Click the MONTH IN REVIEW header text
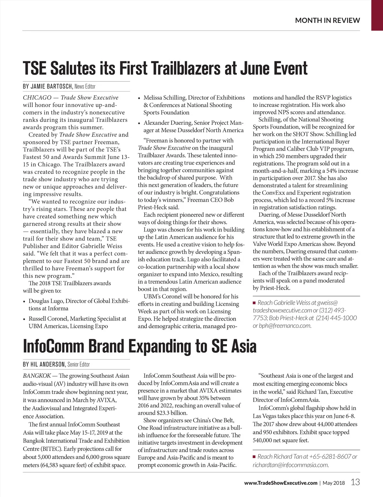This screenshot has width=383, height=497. click(x=327, y=20)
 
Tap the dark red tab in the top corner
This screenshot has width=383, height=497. click(x=377, y=15)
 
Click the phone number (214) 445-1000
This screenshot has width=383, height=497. click(x=336, y=318)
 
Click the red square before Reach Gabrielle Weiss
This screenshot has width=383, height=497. click(x=254, y=303)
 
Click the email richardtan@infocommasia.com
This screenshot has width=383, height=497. click(x=290, y=465)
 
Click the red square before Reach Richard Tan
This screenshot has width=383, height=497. click(x=254, y=457)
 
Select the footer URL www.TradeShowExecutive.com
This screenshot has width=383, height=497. click(x=281, y=483)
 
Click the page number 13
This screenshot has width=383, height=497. click(x=355, y=482)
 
